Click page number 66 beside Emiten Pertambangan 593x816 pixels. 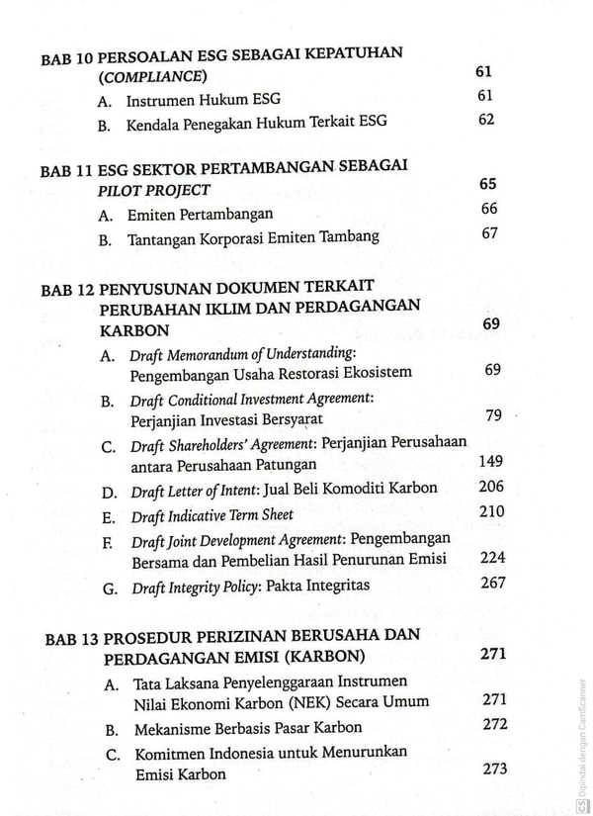click(488, 209)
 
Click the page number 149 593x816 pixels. click(490, 461)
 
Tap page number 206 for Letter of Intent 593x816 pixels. click(490, 487)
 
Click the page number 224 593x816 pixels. click(492, 558)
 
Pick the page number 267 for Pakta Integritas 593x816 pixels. click(492, 584)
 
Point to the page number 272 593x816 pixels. click(494, 725)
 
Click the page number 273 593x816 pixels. click(494, 770)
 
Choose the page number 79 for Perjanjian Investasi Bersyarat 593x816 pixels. click(493, 414)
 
